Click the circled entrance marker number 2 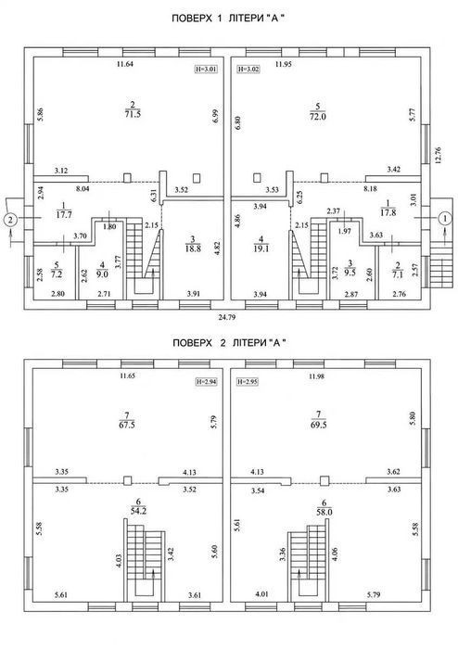pyautogui.click(x=11, y=218)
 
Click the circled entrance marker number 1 pyautogui.click(x=445, y=218)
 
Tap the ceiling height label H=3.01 pyautogui.click(x=206, y=70)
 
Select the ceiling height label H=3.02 pyautogui.click(x=248, y=70)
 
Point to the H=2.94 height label pyautogui.click(x=206, y=382)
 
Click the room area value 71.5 pyautogui.click(x=133, y=114)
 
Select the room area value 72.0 pyautogui.click(x=318, y=117)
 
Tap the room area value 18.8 pyautogui.click(x=193, y=248)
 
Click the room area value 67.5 pyautogui.click(x=127, y=425)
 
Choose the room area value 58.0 pyautogui.click(x=324, y=512)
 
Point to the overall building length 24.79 pyautogui.click(x=227, y=317)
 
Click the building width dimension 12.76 pyautogui.click(x=439, y=155)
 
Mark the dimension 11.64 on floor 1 pyautogui.click(x=125, y=64)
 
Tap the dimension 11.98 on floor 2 pyautogui.click(x=316, y=376)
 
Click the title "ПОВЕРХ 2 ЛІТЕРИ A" pyautogui.click(x=229, y=343)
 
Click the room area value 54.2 pyautogui.click(x=138, y=511)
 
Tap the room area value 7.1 pyautogui.click(x=397, y=274)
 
